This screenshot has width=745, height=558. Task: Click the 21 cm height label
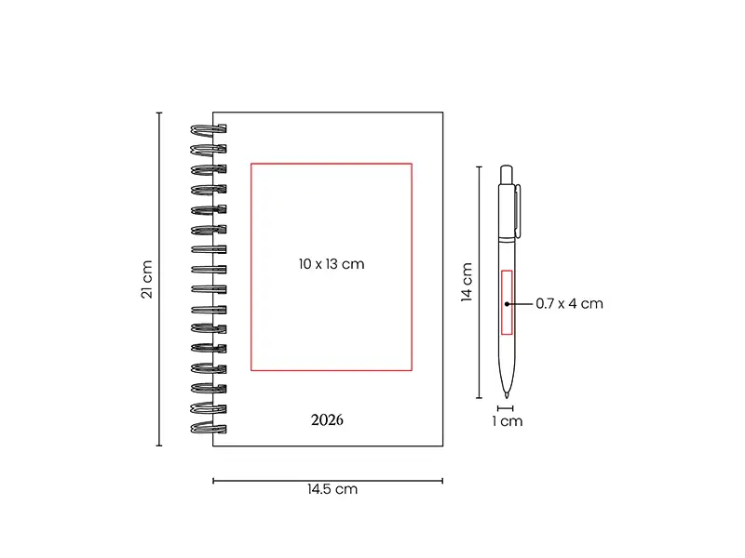(147, 279)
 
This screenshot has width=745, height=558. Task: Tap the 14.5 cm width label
(332, 489)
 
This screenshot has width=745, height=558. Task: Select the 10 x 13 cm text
(332, 264)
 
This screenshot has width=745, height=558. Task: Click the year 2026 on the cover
(327, 420)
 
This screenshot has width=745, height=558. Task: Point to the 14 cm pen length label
(467, 282)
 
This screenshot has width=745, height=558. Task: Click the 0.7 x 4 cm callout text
(569, 304)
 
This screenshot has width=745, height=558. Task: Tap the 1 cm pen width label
(508, 421)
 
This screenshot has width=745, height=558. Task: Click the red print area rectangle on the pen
(507, 302)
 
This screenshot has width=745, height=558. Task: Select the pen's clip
(518, 211)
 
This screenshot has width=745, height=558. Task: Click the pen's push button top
(507, 175)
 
